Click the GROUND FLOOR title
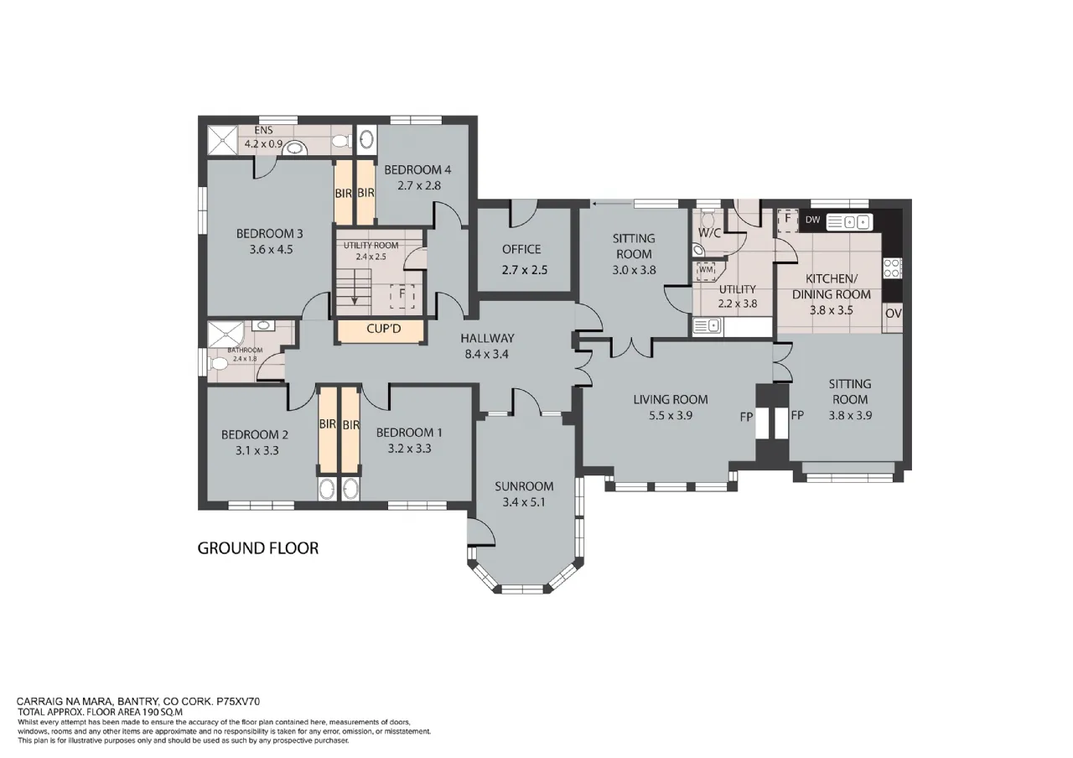(257, 548)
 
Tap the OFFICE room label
(521, 249)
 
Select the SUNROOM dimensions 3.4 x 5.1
(524, 502)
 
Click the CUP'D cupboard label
(383, 329)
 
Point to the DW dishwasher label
(812, 220)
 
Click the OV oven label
(894, 314)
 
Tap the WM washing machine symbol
(706, 270)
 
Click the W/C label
(709, 233)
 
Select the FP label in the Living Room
(746, 417)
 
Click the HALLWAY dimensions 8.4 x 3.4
(486, 354)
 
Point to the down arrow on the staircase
(355, 287)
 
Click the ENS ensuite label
(263, 130)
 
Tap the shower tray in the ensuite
(223, 140)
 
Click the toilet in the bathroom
(218, 364)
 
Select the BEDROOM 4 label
(417, 169)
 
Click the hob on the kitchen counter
(893, 267)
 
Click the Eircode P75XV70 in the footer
(238, 702)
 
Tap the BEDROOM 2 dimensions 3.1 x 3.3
(257, 450)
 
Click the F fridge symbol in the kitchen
(787, 220)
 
